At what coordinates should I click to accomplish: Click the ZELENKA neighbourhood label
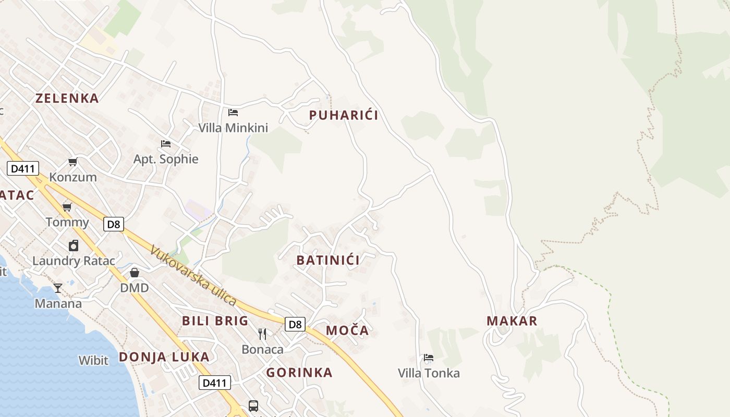67,98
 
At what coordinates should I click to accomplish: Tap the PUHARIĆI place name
344,115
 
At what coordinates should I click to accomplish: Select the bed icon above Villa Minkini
233,112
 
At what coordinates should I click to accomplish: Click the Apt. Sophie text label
166,159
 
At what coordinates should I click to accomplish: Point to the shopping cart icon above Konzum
73,162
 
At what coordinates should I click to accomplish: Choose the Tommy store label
67,223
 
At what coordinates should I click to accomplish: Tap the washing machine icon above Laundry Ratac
74,246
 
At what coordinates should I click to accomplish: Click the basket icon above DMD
135,273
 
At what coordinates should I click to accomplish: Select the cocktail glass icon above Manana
58,288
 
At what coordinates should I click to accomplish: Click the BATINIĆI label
328,260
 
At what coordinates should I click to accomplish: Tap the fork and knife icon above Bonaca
262,334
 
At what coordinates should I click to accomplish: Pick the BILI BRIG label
215,321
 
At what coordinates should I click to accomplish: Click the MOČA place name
347,330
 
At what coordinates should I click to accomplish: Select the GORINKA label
299,372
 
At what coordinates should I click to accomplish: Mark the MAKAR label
512,321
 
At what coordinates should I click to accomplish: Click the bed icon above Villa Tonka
429,358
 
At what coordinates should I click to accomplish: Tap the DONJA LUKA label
164,357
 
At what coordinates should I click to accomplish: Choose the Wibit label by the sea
93,360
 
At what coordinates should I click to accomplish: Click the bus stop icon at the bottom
253,406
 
